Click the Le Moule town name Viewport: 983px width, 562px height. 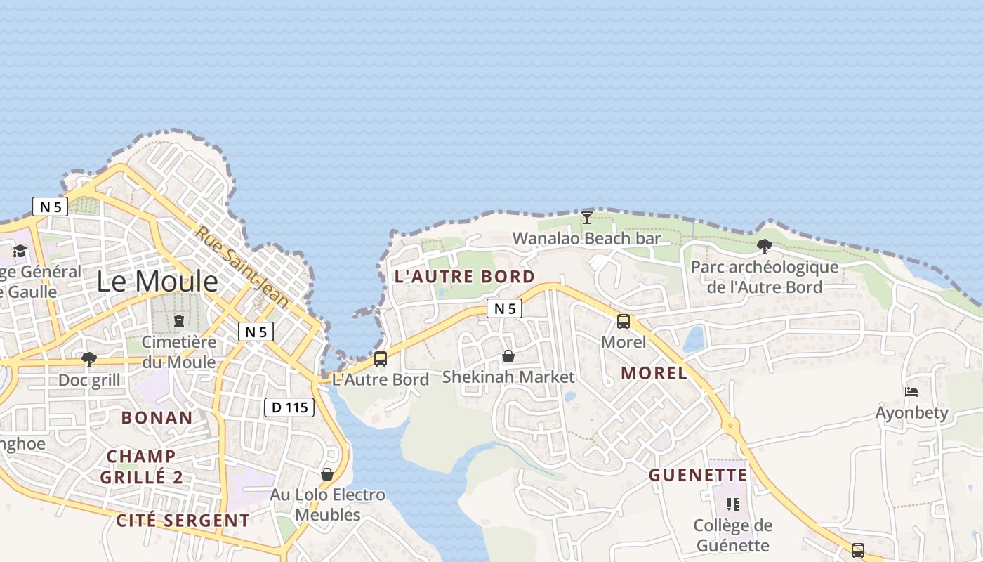click(x=157, y=282)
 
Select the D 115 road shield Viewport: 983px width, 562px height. click(x=289, y=407)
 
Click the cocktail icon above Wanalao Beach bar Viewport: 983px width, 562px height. click(x=587, y=218)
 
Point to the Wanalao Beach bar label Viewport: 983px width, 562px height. click(x=586, y=238)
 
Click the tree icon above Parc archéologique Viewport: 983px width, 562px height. click(x=765, y=247)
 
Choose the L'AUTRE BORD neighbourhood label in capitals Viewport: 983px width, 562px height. click(x=465, y=277)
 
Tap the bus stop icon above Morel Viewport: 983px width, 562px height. click(x=624, y=322)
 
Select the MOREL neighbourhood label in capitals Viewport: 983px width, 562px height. click(x=654, y=373)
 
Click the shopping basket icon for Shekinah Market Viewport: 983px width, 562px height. click(x=508, y=357)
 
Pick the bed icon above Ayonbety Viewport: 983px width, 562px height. click(x=911, y=392)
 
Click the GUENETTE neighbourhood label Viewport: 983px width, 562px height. click(x=698, y=476)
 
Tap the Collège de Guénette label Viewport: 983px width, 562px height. click(x=733, y=535)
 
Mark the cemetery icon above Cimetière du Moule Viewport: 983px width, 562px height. click(x=179, y=322)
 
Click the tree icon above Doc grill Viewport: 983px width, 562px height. click(x=89, y=360)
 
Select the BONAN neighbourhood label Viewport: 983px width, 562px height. click(x=157, y=417)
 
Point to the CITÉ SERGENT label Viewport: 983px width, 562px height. click(x=183, y=521)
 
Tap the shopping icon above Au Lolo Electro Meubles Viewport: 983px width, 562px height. click(x=327, y=474)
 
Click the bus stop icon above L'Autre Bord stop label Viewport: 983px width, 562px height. click(x=381, y=359)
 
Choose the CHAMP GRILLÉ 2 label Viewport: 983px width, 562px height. click(x=141, y=466)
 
